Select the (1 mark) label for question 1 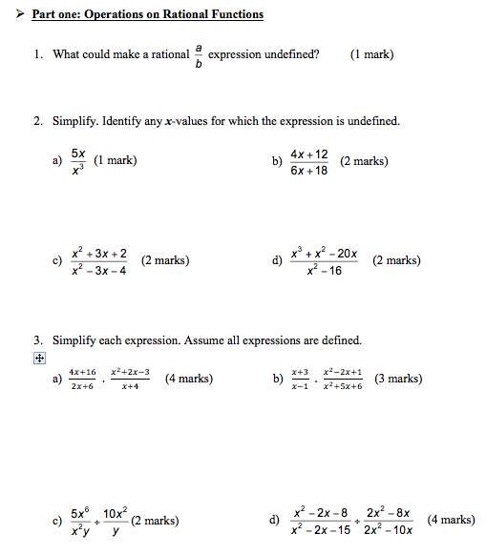(x=371, y=54)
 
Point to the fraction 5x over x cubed (x=78, y=161)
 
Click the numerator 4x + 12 (x=309, y=154)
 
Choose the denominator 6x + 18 (x=309, y=171)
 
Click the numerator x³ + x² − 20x (x=326, y=253)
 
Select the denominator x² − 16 (x=326, y=270)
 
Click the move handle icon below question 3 (x=40, y=359)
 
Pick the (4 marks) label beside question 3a (x=189, y=379)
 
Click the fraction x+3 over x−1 (x=300, y=379)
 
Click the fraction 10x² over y (x=116, y=521)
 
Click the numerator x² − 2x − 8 (x=321, y=512)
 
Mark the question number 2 (x=37, y=122)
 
